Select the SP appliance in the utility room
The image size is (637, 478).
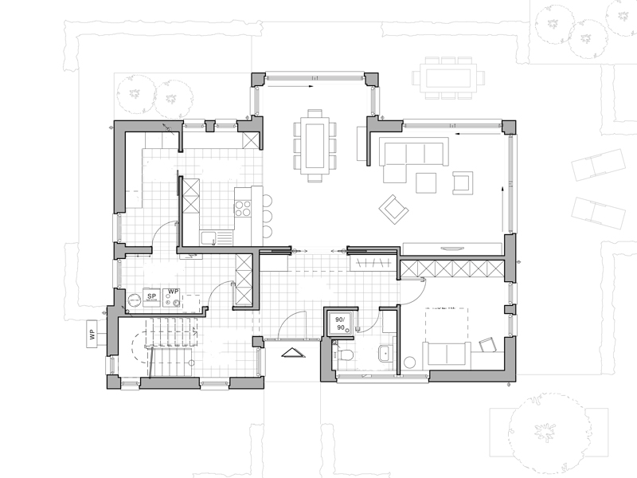coord(151,297)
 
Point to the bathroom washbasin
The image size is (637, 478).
coord(385,351)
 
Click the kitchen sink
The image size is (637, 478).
coord(209,237)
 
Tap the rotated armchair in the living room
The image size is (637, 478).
coord(393,209)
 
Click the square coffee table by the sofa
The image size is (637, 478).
coord(426,182)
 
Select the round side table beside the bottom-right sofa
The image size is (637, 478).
coord(411,362)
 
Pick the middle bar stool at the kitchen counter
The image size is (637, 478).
coord(268,216)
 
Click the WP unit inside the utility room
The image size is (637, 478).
coord(172,297)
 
